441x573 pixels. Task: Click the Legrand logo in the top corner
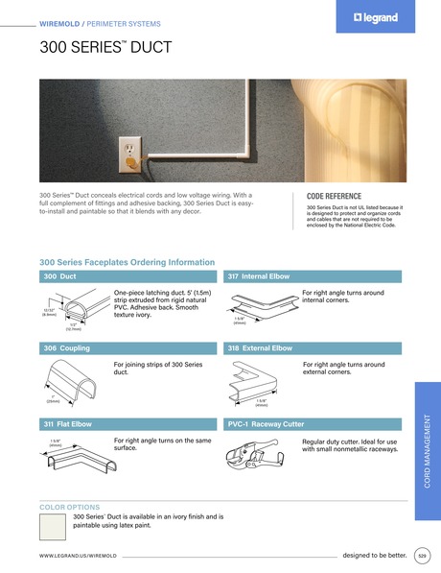(x=368, y=17)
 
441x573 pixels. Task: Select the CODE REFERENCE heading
(x=334, y=195)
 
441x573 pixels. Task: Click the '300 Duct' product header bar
(x=129, y=276)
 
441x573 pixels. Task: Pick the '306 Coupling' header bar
(x=129, y=348)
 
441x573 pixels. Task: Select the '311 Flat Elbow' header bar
(x=129, y=422)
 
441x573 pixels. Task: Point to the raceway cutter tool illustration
(x=256, y=457)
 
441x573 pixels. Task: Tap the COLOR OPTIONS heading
(x=69, y=506)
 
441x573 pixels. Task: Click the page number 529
(x=422, y=556)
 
